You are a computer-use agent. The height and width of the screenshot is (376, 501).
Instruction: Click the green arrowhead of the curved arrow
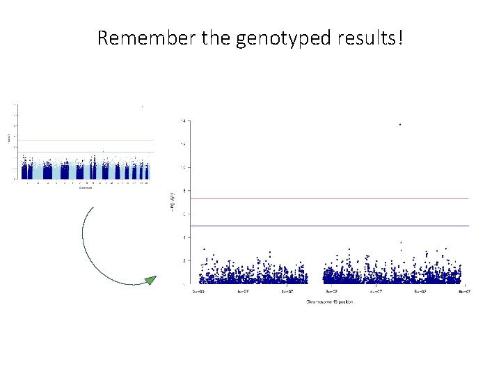tap(150, 280)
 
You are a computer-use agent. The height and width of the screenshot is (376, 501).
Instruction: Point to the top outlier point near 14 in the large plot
tap(400, 125)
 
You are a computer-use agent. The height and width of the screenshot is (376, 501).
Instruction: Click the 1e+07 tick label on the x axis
tap(243, 292)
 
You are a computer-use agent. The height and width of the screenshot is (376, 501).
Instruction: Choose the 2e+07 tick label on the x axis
tap(287, 292)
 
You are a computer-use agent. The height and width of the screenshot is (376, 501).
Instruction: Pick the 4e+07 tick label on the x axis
tap(376, 292)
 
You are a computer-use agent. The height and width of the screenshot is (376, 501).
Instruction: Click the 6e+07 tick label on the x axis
tap(465, 292)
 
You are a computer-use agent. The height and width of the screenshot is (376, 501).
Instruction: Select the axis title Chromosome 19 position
tap(328, 302)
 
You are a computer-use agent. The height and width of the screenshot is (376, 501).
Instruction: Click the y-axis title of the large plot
tap(171, 202)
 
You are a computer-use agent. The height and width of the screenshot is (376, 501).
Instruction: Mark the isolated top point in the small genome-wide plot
tap(142, 106)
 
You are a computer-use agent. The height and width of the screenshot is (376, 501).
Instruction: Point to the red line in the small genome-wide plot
tap(83, 140)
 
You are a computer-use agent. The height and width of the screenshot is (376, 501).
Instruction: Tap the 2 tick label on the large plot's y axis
tap(183, 260)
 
